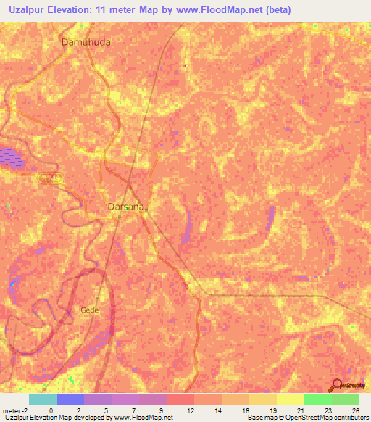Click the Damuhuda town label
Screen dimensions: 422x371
[86, 42]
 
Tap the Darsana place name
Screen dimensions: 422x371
[127, 207]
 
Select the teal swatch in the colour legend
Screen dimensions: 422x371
[42, 400]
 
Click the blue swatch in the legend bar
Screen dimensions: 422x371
[70, 400]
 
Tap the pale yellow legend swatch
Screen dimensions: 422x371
[290, 400]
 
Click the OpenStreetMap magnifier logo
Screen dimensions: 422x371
[338, 386]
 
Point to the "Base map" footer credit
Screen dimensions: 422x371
[260, 418]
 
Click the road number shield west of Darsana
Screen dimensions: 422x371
[49, 178]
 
